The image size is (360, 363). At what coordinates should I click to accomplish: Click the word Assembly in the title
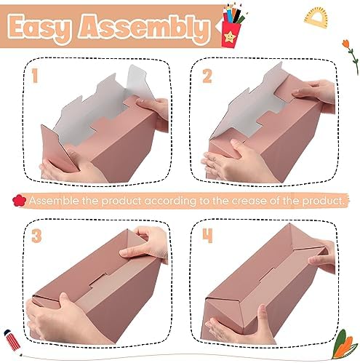tap(143, 28)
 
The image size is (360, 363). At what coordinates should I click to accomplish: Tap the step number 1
tap(35, 76)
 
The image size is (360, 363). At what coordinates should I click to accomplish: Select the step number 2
tap(207, 76)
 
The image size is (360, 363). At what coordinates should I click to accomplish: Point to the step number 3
tap(37, 236)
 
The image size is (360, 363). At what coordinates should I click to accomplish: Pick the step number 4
tap(208, 236)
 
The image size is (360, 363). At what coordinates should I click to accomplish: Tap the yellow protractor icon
tap(316, 17)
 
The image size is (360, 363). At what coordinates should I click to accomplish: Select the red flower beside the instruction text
tap(19, 201)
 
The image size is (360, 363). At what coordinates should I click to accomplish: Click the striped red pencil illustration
tap(12, 340)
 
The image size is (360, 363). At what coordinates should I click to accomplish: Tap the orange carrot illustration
tap(344, 345)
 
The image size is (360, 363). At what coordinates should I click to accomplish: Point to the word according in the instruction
tap(170, 202)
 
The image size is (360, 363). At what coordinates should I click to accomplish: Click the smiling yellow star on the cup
tap(230, 36)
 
